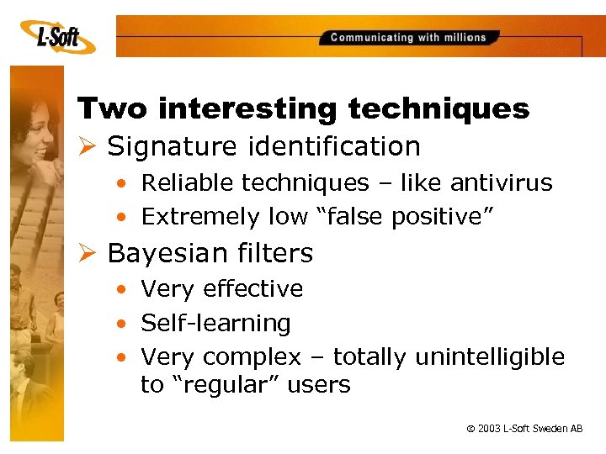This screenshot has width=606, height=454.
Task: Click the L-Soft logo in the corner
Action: pos(56,35)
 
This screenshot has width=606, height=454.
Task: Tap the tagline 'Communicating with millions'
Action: pos(408,37)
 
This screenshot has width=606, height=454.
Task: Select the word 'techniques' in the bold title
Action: pos(439,108)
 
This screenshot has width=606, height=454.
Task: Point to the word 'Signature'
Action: pos(173,146)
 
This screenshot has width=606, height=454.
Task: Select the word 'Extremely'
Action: pos(199,216)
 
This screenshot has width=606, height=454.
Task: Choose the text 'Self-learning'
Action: pos(215,323)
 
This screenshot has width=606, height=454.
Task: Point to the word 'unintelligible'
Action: pos(490,357)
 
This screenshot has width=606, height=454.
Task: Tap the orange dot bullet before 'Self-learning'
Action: pos(123,324)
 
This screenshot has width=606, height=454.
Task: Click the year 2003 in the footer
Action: pos(488,429)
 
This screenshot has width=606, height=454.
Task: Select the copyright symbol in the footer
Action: pos(469,429)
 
